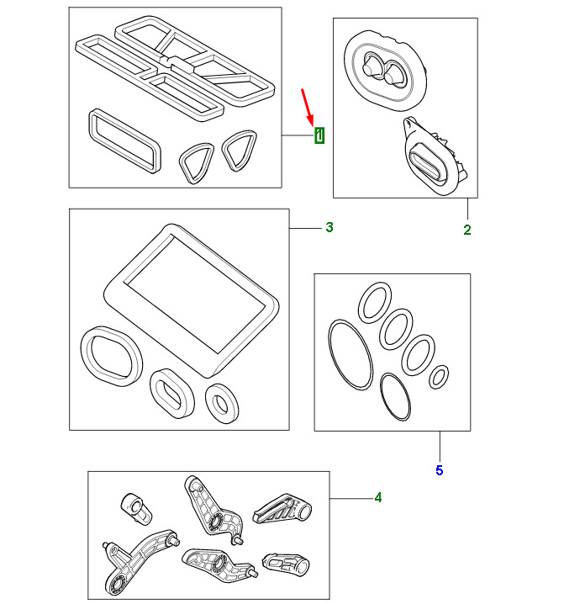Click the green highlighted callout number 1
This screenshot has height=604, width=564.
[x=319, y=135]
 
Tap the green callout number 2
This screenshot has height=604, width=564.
[x=467, y=230]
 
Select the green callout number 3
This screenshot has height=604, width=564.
[x=329, y=227]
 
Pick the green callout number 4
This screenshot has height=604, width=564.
[x=378, y=498]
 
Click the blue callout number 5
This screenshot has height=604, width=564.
[x=440, y=470]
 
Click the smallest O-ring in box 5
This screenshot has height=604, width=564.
[x=439, y=377]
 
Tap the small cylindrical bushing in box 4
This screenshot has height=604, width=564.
[x=136, y=508]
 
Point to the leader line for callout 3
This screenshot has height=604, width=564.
[x=305, y=229]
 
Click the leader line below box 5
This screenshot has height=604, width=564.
[x=440, y=446]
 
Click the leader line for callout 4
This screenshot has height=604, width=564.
[x=351, y=499]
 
